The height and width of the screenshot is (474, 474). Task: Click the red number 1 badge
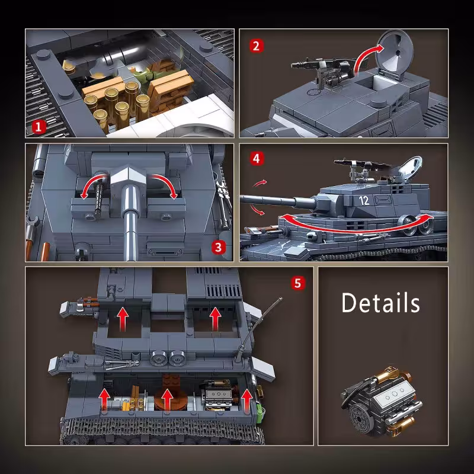pos(39,127)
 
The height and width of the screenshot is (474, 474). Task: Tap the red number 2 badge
pos(257,46)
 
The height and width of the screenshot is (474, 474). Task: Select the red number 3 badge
pos(218,247)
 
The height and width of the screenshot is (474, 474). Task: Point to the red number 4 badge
pos(257,159)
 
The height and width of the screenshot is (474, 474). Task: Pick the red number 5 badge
pos(298,283)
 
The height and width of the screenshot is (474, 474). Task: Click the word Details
pos(380,303)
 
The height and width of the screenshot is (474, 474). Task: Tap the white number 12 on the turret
pos(364,200)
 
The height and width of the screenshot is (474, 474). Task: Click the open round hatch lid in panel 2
pos(394,55)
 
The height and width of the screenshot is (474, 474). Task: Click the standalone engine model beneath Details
pos(382,401)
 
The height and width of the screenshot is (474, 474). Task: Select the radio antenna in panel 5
pos(259,329)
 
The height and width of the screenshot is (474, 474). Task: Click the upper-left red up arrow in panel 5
pos(123,319)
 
